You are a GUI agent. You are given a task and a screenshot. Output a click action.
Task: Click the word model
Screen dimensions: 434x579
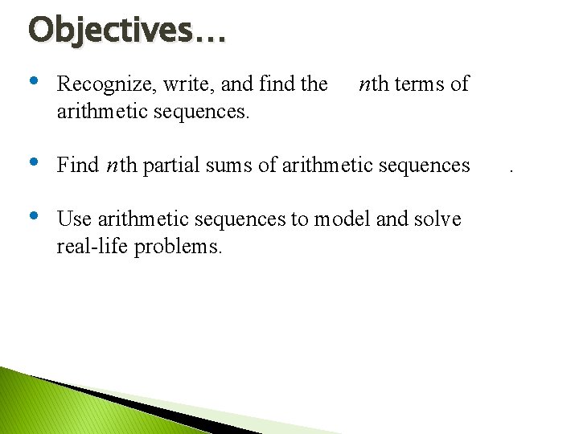341,219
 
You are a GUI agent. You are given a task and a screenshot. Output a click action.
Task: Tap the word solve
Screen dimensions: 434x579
437,219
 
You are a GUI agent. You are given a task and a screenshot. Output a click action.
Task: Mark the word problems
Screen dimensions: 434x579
178,247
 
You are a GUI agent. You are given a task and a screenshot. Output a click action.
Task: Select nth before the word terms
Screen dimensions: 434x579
371,84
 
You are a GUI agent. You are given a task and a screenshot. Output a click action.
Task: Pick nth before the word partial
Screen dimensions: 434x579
121,166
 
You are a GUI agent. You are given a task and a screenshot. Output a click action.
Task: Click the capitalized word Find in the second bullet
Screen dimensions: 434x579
77,166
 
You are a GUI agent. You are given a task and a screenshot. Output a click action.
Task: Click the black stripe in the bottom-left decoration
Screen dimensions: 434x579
121,407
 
